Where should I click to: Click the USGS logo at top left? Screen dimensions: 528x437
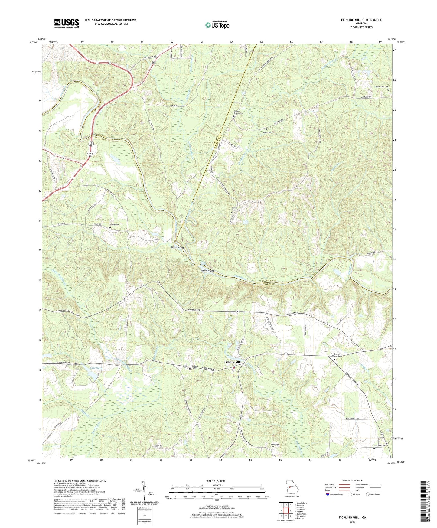tap(66, 23)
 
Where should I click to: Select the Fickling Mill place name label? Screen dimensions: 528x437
tap(232, 362)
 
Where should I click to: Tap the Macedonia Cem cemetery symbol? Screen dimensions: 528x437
tap(388, 90)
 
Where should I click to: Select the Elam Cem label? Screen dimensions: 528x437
tap(267, 132)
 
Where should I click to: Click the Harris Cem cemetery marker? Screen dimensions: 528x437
tap(110, 228)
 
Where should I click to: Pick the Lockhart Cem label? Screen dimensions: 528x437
tap(379, 445)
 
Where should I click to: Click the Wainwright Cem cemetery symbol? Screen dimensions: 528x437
tap(271, 449)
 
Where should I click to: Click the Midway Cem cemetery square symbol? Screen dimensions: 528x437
tap(190, 369)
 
